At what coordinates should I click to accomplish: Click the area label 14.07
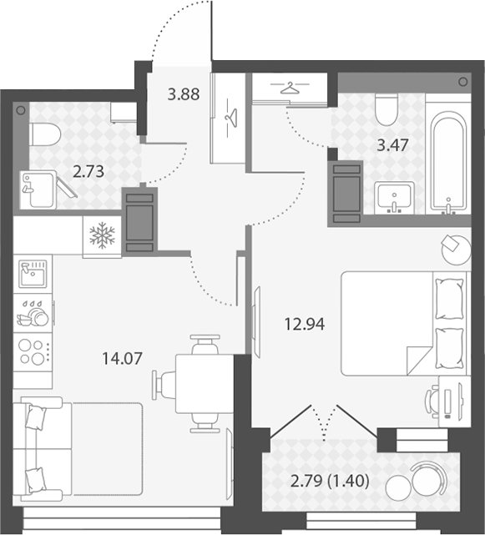122,359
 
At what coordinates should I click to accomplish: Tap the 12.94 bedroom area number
305,324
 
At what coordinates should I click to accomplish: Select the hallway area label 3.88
184,94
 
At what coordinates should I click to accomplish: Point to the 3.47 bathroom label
392,145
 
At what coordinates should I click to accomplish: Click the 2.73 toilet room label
88,171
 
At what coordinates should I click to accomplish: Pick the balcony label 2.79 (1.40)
330,481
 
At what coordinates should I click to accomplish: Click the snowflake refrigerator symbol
102,235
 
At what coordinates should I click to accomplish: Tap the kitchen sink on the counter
33,274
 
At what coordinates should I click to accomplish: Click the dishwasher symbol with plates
33,313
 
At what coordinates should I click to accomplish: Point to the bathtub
448,160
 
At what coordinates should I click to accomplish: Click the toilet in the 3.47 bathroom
386,109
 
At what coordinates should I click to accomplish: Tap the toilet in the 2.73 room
45,134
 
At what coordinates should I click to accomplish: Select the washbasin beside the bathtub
394,198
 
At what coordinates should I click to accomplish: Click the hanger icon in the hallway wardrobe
231,118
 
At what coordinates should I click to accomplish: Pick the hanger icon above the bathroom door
290,88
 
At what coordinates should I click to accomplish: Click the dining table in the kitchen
205,384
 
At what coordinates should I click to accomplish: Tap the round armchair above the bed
456,249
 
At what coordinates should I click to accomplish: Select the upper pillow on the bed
449,299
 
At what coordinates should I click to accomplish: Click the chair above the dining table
205,345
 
